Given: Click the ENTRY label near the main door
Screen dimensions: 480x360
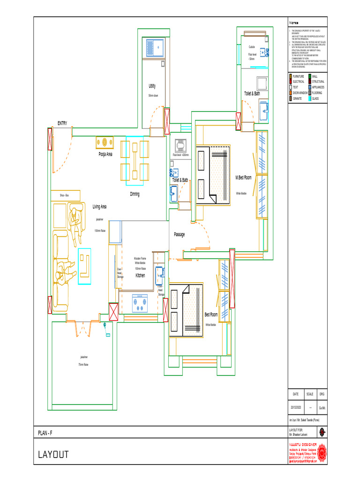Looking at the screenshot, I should point(62,123).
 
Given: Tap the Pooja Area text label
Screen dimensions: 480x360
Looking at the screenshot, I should point(105,154).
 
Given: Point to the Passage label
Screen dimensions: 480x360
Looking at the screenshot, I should point(179,234).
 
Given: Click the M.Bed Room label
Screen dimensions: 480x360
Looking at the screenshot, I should point(243,178).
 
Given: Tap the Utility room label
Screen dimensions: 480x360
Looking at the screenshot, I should point(152,86).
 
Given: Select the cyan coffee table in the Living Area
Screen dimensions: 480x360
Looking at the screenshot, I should point(85,266).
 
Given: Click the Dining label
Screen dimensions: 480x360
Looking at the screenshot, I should point(135,194).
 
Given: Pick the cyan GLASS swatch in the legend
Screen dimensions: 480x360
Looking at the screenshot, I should point(309,98).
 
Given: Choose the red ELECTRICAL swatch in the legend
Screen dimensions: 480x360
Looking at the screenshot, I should point(291,82).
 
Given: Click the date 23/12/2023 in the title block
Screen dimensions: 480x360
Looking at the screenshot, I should point(295,408).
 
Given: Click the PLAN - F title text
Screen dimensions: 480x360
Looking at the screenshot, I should point(45,433).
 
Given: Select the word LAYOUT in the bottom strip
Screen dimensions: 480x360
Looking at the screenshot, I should point(53,455).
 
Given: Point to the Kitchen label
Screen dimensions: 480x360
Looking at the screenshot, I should point(140,276).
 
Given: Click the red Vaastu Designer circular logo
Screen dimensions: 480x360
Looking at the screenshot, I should point(322,453).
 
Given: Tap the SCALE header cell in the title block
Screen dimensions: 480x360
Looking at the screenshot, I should point(310,394).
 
